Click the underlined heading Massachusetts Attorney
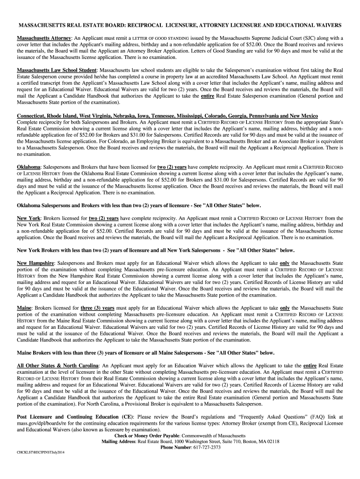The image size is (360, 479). (44, 38)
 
